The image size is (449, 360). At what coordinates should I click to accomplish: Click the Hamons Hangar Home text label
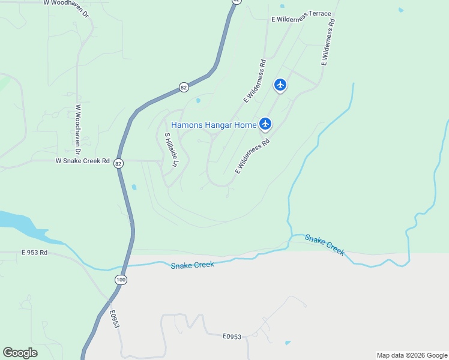pos(214,125)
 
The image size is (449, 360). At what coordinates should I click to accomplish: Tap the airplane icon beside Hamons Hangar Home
pos(265,124)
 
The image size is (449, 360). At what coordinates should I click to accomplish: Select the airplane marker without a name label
pos(280,85)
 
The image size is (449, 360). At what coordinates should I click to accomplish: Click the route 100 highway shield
pos(121,279)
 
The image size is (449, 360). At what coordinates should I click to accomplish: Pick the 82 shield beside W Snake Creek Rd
pos(118,163)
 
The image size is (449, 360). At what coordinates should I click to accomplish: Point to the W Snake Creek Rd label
pos(82,161)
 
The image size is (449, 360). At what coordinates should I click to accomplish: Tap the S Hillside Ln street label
pos(168,149)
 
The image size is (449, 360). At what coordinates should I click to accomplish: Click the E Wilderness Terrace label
pos(301,16)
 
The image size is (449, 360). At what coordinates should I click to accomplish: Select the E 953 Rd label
pos(34,253)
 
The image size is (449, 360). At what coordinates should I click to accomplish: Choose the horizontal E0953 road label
pos(232,337)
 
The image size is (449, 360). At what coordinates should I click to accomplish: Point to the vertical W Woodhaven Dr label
pos(78,124)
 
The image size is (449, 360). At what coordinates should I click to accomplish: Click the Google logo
pos(20,352)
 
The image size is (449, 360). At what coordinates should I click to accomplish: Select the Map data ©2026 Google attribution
pos(412,355)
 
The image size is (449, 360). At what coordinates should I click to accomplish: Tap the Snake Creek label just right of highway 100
pos(192,265)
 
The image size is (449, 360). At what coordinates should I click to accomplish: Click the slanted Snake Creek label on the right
pos(325,245)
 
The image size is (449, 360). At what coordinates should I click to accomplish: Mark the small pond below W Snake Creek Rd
pos(133,187)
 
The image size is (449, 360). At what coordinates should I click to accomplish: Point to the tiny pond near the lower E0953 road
pos(288,343)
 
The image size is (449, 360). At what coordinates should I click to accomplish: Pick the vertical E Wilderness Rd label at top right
pos(328,42)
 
